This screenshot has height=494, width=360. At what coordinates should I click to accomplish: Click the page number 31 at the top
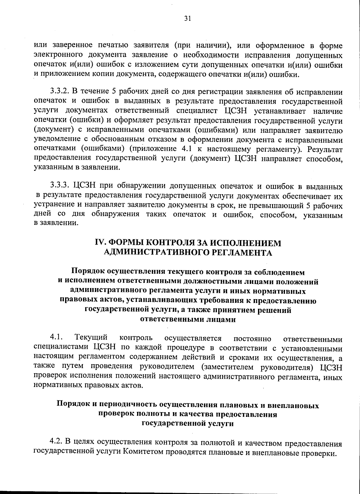point(187,19)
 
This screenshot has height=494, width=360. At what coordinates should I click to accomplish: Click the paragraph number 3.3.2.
point(60,92)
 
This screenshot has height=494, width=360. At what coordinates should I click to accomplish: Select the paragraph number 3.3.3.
point(60,187)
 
